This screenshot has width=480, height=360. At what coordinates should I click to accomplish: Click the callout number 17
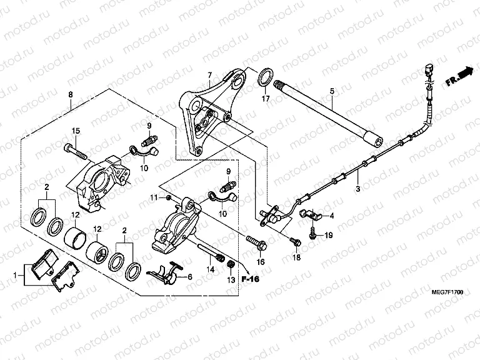pos(265,99)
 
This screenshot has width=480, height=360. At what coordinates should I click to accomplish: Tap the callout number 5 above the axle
pos(332,91)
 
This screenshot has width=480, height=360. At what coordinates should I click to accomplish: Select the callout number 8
pos(70,94)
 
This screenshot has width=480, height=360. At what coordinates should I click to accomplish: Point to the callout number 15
pos(76,131)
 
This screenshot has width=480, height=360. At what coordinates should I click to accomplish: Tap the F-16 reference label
pos(251,279)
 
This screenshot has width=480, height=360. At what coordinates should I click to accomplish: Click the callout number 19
pos(329,236)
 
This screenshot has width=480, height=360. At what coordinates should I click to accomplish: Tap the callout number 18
pos(297,257)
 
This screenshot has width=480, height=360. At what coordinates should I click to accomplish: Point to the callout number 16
pos(261,262)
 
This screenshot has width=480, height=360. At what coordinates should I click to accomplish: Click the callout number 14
pos(211,269)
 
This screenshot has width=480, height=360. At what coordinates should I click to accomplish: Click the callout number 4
pos(332,216)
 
